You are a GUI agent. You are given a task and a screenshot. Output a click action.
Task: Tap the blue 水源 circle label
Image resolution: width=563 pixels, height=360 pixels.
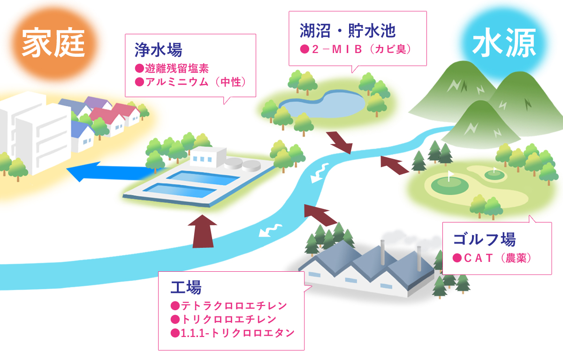(504, 43)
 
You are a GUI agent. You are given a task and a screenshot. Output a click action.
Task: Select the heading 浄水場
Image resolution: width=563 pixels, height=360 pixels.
(159, 50)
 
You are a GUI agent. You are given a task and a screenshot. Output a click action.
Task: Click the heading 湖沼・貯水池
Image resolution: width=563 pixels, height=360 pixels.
(348, 31)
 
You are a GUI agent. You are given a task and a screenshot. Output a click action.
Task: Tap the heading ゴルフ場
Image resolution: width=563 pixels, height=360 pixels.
(484, 239)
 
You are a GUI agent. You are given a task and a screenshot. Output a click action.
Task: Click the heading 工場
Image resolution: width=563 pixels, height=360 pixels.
(186, 287)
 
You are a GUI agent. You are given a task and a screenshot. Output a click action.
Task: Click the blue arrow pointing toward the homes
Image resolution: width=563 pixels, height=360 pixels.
(111, 172)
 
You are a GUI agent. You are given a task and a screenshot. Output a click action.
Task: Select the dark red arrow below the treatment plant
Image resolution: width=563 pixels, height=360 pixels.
(203, 232)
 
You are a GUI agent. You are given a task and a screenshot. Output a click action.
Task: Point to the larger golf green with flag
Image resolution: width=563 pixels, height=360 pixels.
(449, 185)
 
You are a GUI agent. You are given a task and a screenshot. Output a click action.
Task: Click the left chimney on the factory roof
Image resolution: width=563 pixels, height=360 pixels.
(382, 252)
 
